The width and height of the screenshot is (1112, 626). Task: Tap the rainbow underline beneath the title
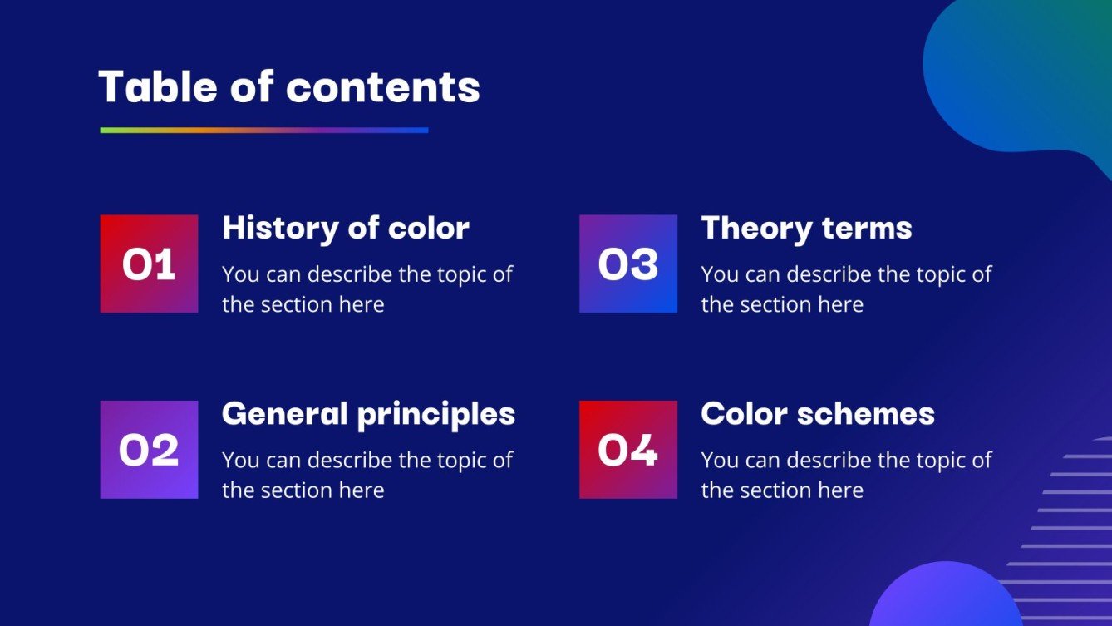tap(263, 130)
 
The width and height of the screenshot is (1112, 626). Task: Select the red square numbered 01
tap(149, 264)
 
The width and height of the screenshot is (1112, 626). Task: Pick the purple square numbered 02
tap(149, 450)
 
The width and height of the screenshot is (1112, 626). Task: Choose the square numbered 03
tap(627, 264)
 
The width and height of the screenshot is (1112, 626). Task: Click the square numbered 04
tap(627, 450)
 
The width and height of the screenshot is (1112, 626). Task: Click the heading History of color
tap(346, 228)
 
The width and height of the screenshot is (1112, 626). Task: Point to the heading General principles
tap(368, 414)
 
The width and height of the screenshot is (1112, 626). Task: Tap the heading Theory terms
tap(806, 228)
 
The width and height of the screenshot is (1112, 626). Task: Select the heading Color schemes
tap(818, 414)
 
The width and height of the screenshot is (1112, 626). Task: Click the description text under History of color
tap(367, 289)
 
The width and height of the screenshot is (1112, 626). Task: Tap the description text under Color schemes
tap(845, 475)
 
